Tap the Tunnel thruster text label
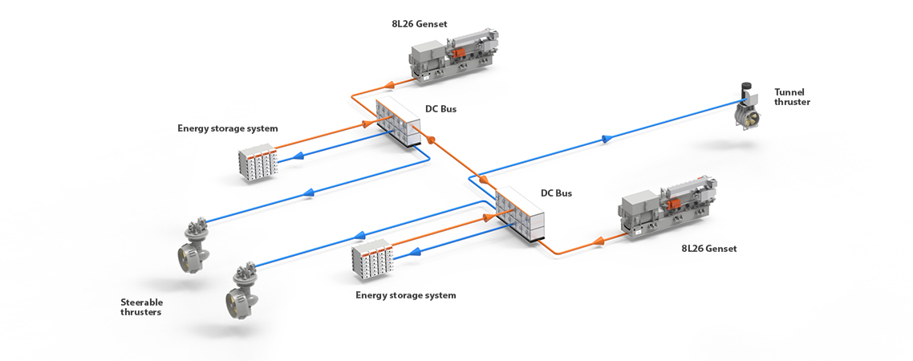(792, 97)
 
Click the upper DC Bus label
(440, 108)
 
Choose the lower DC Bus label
(556, 193)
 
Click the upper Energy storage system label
(228, 128)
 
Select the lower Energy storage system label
(405, 295)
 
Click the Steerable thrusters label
(141, 306)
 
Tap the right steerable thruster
(241, 289)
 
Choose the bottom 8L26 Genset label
(708, 249)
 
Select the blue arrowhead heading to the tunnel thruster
(607, 140)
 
